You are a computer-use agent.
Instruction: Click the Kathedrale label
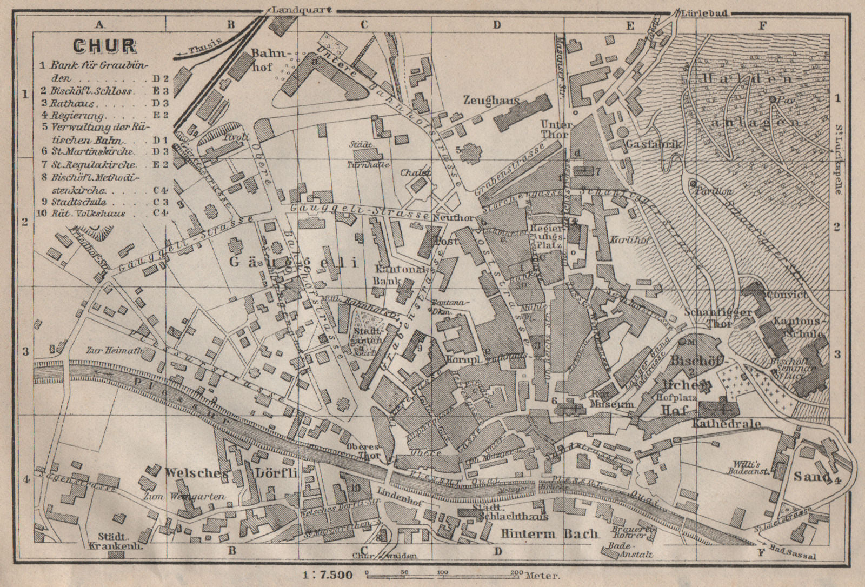[726, 424]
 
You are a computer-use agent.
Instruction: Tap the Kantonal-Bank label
[395, 275]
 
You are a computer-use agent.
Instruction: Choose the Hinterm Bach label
[549, 534]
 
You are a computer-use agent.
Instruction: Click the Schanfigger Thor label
[708, 318]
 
